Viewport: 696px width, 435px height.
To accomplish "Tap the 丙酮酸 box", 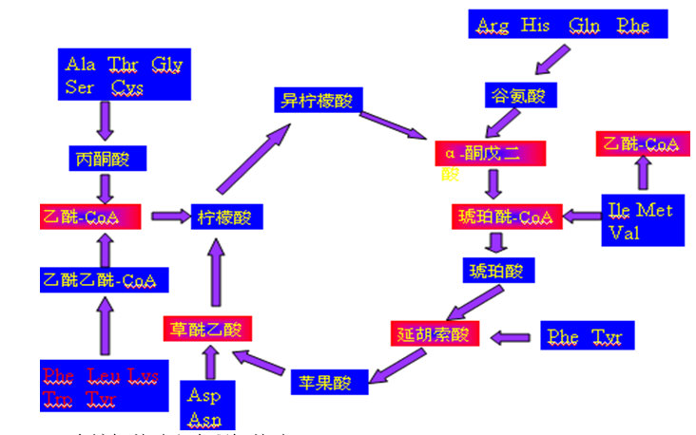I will coord(104,158).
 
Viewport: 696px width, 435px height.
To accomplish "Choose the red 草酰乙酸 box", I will coord(206,330).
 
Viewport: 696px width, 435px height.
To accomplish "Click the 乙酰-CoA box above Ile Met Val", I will coord(641,143).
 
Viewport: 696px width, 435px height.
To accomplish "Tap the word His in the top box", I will coord(535,25).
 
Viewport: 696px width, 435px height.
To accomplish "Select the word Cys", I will coord(126,86).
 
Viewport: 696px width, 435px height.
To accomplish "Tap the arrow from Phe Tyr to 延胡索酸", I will coord(511,335).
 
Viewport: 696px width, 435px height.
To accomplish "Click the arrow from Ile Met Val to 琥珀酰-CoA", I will coord(581,217).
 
